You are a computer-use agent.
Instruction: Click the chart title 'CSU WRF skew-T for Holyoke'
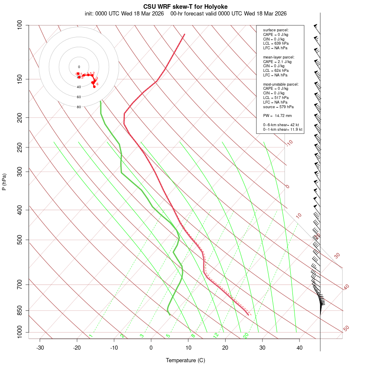(185, 7)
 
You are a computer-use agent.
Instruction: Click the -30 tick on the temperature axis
(40, 348)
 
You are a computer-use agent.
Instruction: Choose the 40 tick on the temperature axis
(300, 348)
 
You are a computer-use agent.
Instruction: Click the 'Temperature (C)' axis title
(185, 360)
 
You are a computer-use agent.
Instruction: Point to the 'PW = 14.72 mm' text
(277, 115)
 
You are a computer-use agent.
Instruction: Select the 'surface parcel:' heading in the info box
(276, 30)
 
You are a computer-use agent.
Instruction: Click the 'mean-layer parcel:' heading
(279, 57)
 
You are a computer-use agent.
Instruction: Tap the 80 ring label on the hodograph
(79, 107)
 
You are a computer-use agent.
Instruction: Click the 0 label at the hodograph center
(79, 67)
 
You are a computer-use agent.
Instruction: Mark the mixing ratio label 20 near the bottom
(246, 335)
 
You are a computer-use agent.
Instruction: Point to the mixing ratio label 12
(216, 335)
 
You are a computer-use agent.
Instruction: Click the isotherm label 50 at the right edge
(346, 329)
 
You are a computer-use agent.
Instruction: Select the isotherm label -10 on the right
(289, 143)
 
